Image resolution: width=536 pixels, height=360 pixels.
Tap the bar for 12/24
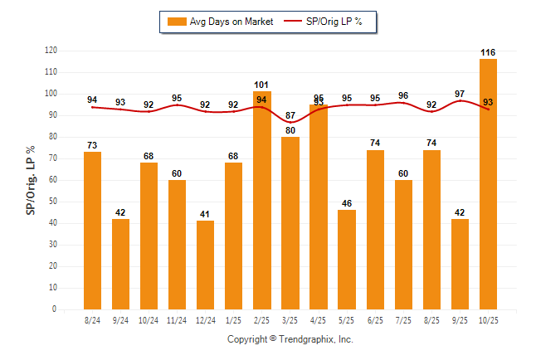point(206,265)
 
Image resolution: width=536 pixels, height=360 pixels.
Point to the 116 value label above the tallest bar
point(488,53)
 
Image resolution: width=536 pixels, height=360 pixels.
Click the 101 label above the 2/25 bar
point(262,85)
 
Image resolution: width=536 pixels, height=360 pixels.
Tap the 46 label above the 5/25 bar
point(347,203)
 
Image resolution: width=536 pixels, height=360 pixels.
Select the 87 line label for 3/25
point(290,115)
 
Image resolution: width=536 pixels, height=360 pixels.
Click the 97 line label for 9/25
point(460,93)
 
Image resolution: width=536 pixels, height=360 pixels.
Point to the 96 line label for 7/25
point(403,95)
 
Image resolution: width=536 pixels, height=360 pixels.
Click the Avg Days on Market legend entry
point(217,22)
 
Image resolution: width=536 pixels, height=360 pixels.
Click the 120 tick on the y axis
point(51,51)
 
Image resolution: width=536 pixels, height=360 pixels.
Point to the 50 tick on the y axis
point(53,202)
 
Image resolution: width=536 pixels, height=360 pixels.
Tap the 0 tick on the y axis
point(55,309)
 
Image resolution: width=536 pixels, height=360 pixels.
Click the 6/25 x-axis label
point(375,320)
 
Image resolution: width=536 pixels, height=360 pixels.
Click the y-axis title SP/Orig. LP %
point(31,179)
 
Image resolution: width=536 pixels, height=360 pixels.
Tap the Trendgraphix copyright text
point(290,340)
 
